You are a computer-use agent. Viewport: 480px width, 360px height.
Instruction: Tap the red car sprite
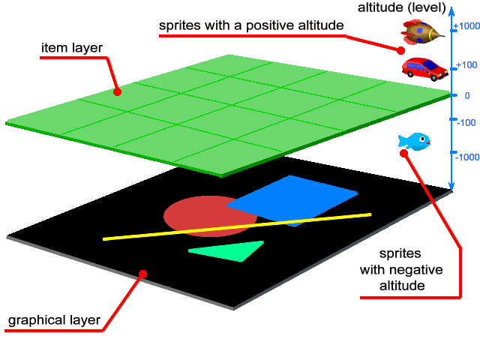(x=424, y=68)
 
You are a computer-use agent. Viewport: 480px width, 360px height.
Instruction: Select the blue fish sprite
(x=413, y=140)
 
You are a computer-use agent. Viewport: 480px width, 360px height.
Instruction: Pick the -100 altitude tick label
(x=466, y=122)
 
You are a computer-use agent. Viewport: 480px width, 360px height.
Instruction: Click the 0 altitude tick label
(x=466, y=95)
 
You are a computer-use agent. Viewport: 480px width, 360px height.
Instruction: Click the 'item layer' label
(x=71, y=49)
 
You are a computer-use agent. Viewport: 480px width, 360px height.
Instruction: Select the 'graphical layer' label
(x=54, y=321)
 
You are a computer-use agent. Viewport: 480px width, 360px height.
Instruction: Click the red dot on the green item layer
(x=117, y=91)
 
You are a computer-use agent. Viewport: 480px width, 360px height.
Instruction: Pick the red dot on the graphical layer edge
(x=143, y=274)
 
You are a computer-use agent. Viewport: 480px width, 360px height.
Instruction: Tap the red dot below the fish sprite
(x=403, y=153)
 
